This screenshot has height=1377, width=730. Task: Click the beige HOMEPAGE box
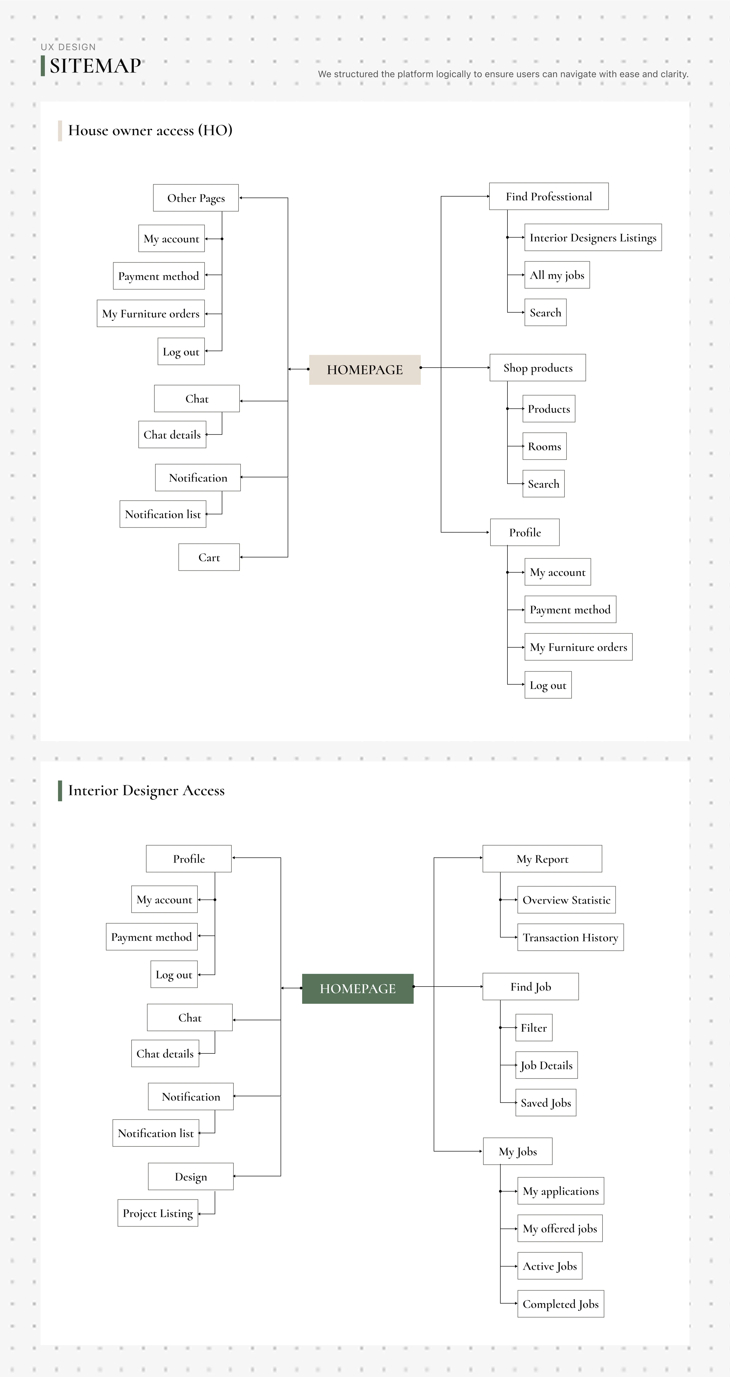point(365,369)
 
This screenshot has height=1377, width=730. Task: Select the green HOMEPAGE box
point(358,988)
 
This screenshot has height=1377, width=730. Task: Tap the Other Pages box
point(196,198)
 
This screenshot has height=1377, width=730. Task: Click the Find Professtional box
point(549,196)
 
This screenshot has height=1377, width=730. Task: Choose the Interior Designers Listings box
point(593,237)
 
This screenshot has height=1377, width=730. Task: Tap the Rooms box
point(544,446)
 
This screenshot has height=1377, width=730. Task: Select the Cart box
point(209,557)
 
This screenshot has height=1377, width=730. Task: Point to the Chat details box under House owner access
point(172,435)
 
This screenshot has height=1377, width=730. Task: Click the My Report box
point(542,859)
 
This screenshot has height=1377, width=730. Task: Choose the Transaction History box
point(571,937)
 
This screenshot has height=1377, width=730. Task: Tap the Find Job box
point(531,986)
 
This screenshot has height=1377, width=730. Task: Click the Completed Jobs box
point(560,1304)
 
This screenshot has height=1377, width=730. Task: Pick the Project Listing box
point(158,1213)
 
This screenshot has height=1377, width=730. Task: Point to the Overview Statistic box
point(566,900)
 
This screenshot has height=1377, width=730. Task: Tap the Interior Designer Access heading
point(146,790)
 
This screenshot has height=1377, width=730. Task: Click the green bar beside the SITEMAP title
point(43,66)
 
